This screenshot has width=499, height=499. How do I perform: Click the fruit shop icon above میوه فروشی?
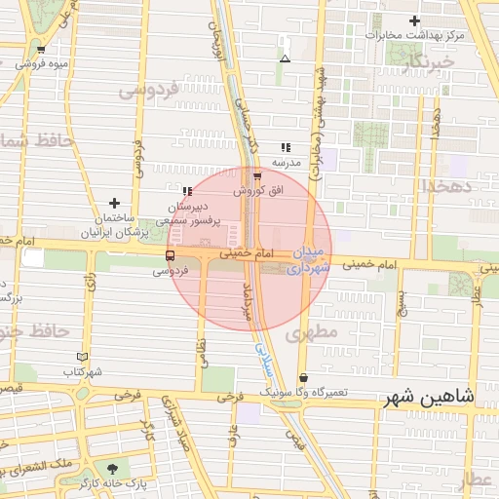click(x=40, y=49)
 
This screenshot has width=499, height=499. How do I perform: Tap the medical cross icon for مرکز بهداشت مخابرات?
click(x=415, y=20)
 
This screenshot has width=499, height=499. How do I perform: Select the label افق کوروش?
click(x=261, y=192)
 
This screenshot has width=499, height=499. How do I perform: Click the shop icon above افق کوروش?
click(x=257, y=177)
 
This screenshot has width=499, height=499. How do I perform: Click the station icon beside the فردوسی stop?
click(x=171, y=257)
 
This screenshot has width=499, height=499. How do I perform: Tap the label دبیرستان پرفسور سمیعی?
click(x=189, y=214)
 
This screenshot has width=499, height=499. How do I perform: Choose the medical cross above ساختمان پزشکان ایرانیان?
click(x=115, y=203)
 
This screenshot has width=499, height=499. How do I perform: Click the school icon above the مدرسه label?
click(x=285, y=146)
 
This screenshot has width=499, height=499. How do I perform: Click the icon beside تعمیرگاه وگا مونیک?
click(x=303, y=378)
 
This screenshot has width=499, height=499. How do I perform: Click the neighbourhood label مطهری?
click(x=312, y=333)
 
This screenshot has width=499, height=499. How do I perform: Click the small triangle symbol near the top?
click(x=285, y=59)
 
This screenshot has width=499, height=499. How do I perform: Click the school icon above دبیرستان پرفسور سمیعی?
click(x=186, y=191)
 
